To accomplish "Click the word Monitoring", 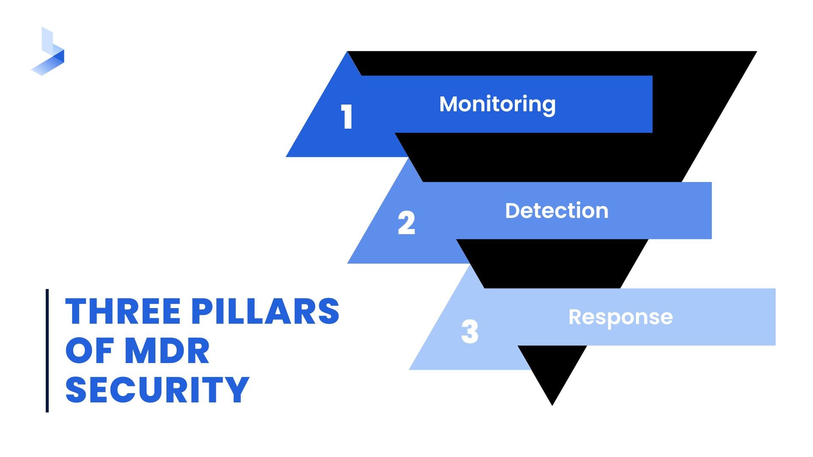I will (x=498, y=104).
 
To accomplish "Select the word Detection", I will (x=556, y=211).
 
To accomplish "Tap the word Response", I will (x=620, y=317).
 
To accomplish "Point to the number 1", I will (x=347, y=117).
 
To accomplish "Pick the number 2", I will (x=406, y=223).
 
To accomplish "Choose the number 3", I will (x=470, y=331).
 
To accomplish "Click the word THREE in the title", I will (x=123, y=311).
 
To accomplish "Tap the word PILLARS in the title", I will (x=265, y=311).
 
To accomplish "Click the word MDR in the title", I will (x=167, y=351).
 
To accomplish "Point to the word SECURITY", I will (x=157, y=390).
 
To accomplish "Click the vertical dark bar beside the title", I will (x=47, y=350).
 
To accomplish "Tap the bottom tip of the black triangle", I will (x=552, y=403).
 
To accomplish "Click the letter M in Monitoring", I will (x=450, y=104).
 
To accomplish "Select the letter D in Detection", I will (x=514, y=211).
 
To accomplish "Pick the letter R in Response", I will (x=576, y=317).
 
